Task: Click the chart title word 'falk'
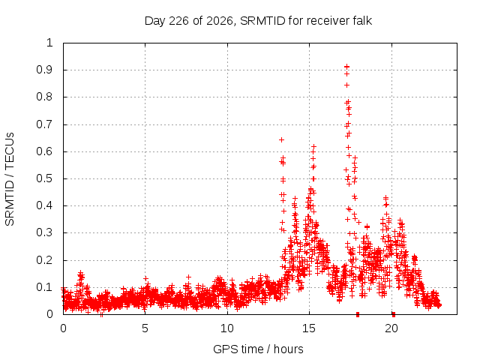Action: pos(361,21)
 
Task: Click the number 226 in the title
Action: pos(178,21)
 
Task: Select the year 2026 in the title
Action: pos(219,21)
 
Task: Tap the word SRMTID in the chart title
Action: pos(262,21)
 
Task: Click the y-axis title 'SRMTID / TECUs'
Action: pos(10,179)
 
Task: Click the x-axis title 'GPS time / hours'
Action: pos(258,349)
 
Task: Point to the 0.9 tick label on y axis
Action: pos(45,70)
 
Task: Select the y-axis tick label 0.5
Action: pos(45,178)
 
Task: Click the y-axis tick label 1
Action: pos(50,43)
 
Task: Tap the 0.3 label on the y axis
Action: pos(45,232)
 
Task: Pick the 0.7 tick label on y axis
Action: pos(45,124)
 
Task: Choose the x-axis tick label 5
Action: pos(145,328)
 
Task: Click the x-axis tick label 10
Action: pos(227,328)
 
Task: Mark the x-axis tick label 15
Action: pos(309,328)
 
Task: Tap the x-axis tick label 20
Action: pos(391,328)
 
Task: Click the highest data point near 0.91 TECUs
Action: pos(346,67)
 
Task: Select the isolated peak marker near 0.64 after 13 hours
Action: pos(282,140)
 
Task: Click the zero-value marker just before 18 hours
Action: pos(358,314)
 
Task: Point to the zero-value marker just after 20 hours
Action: pos(394,314)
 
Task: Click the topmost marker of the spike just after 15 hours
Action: pos(313,147)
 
